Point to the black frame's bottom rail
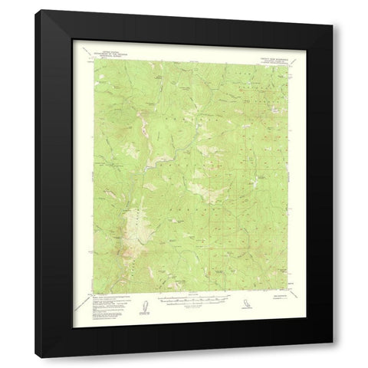point(184,349)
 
